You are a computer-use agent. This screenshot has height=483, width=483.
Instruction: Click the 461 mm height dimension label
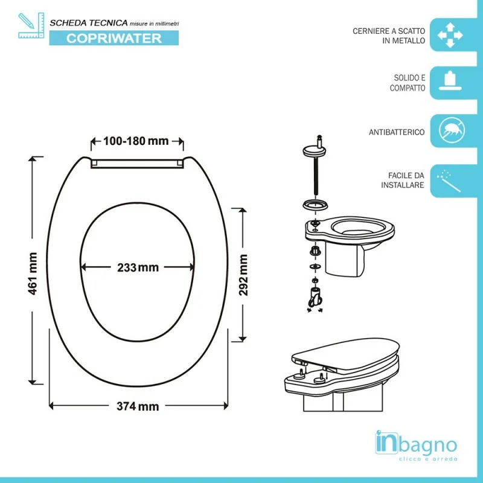click(x=33, y=273)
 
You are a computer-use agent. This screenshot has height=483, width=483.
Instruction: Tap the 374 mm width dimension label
click(x=138, y=406)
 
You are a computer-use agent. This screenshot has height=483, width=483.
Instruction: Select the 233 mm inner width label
click(x=138, y=267)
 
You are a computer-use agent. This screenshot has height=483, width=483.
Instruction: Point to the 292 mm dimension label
click(x=243, y=275)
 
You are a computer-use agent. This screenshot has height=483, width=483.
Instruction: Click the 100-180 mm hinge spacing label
click(x=136, y=141)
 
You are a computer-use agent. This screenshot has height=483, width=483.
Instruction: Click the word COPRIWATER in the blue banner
click(x=114, y=39)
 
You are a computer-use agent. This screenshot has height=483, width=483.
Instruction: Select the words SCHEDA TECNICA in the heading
click(x=89, y=23)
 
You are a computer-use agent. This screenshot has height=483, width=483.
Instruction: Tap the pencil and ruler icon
click(x=31, y=25)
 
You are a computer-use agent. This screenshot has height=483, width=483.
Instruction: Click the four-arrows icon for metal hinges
click(x=450, y=35)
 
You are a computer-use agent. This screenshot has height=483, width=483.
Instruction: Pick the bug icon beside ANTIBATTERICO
click(x=452, y=130)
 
